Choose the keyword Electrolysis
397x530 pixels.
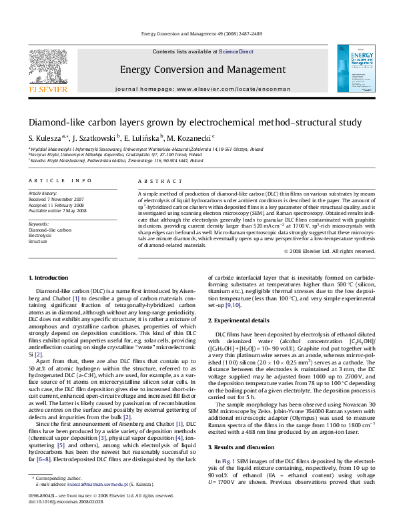pos(40,236)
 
